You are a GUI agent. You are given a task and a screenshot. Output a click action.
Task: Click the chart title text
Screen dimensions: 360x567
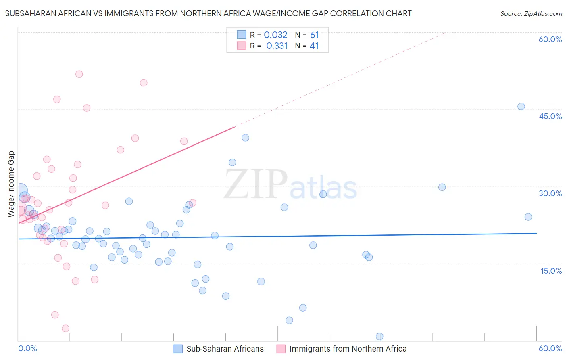[208, 13]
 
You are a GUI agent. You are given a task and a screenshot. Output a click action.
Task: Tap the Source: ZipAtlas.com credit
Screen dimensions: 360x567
[531, 13]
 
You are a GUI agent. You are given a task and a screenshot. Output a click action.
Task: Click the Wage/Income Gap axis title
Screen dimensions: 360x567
[11, 184]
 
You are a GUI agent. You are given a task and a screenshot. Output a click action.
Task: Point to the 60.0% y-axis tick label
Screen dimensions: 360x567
[550, 39]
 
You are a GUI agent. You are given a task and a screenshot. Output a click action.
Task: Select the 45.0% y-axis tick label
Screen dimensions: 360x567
[550, 116]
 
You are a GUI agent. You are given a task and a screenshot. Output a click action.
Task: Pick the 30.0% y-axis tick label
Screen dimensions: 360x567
[550, 193]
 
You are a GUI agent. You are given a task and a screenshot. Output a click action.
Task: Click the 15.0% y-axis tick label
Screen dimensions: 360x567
[551, 271]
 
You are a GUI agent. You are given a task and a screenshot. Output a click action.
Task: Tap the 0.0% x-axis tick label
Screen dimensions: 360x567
[27, 348]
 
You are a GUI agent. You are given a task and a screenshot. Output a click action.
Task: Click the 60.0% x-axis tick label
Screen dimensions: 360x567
[550, 348]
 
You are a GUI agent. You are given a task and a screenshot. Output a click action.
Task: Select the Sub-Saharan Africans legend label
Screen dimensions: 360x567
[225, 349]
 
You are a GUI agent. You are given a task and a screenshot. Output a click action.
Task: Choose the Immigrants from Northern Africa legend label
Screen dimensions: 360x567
[348, 349]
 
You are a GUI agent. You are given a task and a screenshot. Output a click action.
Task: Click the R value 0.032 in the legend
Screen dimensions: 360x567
[275, 35]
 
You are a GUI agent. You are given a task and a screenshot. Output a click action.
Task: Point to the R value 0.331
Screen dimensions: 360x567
[277, 46]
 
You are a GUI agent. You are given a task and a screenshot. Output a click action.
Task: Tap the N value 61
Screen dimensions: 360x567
[314, 35]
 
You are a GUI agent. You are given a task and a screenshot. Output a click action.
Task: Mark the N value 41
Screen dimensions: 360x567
[314, 46]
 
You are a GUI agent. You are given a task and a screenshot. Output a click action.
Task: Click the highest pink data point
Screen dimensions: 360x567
[79, 74]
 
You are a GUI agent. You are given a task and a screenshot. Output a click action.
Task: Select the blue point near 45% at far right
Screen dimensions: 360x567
[521, 107]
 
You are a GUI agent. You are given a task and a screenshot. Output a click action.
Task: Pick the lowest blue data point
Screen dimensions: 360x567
[379, 337]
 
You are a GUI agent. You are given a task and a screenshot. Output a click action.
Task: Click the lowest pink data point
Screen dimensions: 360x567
[65, 329]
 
